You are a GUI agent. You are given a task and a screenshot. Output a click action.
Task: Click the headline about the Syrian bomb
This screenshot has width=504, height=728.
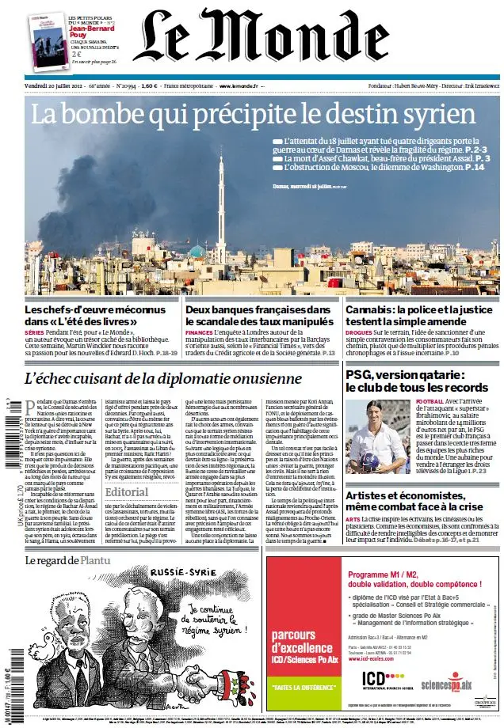coord(253,115)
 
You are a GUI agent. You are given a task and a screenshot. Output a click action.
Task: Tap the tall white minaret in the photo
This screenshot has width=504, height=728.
coord(220,206)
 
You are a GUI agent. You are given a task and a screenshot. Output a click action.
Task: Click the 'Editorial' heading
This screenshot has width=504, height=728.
coord(126,491)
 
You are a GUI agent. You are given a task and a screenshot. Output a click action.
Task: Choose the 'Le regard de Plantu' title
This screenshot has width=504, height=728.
coord(68,559)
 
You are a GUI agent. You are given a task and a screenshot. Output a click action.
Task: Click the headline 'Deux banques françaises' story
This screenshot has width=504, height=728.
coord(259,317)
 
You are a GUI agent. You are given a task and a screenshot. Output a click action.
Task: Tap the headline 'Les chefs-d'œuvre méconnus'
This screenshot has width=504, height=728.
coord(99,317)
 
